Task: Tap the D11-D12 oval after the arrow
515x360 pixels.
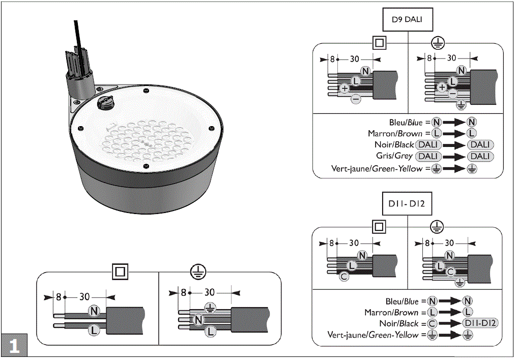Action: coord(480,323)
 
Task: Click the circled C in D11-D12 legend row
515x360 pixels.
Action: coord(432,323)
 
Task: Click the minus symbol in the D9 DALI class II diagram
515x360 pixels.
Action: coord(356,98)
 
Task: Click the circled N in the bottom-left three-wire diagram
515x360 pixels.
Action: coord(198,319)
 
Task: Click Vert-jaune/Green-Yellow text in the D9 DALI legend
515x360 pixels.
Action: coord(377,168)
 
